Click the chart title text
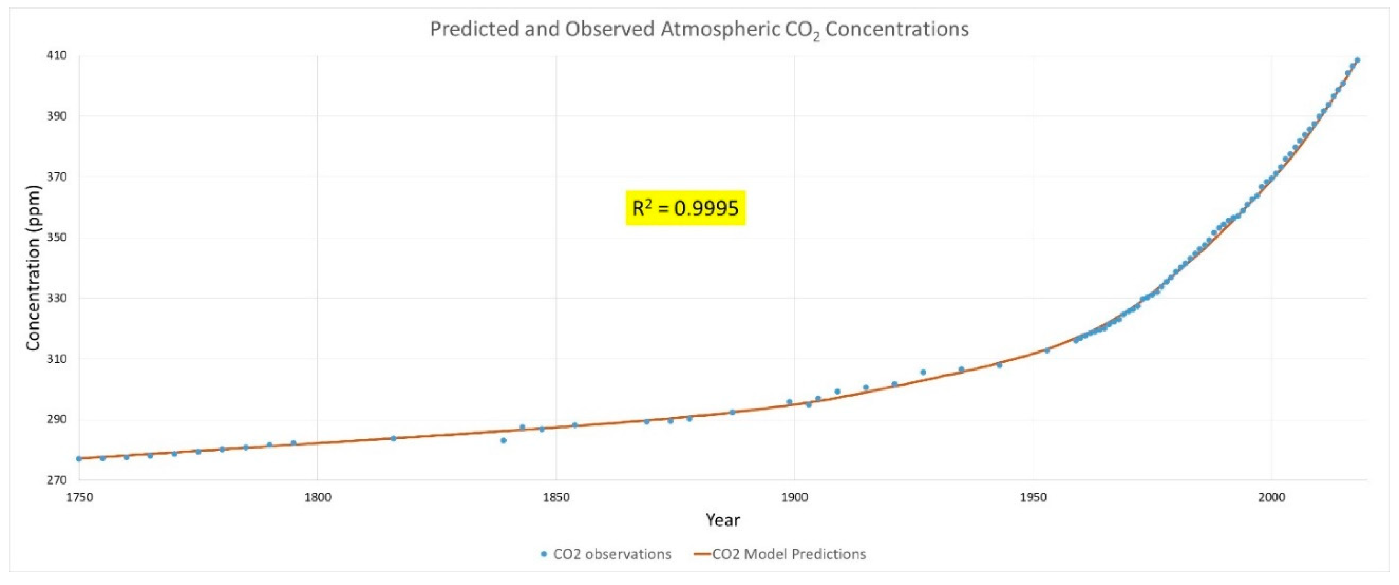699,29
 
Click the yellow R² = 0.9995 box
685,208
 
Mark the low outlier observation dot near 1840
504,440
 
